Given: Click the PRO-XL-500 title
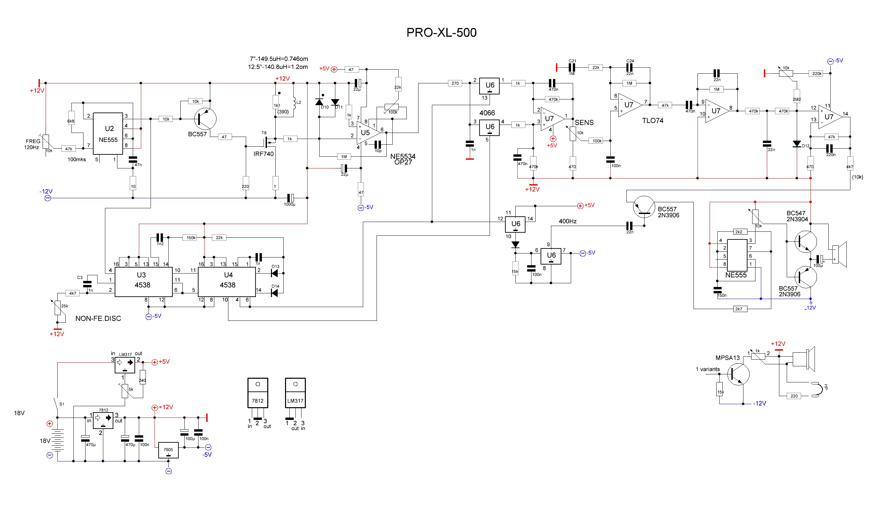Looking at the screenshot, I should tap(441, 32).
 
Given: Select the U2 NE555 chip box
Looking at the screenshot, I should tap(108, 134).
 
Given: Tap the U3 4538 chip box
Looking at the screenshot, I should tap(143, 281).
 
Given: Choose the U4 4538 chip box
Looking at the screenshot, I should tap(227, 281).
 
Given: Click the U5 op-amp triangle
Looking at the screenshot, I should tap(368, 133).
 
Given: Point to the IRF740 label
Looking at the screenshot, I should tap(263, 154).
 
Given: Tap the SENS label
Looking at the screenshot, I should tap(584, 123).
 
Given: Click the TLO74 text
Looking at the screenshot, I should tap(653, 121).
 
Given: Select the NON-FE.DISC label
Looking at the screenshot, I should tap(98, 318).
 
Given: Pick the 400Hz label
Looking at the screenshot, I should tap(567, 221).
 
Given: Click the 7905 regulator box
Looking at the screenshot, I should tap(168, 450).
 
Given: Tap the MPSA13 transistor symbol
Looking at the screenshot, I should tap(738, 375).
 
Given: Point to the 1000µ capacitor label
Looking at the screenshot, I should tap(289, 204).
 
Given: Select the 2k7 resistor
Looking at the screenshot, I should tap(738, 309).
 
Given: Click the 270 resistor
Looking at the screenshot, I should tap(455, 83).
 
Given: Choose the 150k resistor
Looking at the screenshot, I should tap(191, 238).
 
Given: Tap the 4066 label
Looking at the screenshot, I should tap(487, 113).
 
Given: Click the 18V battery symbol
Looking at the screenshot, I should tap(57, 441).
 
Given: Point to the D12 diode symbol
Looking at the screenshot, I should tap(797, 144).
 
